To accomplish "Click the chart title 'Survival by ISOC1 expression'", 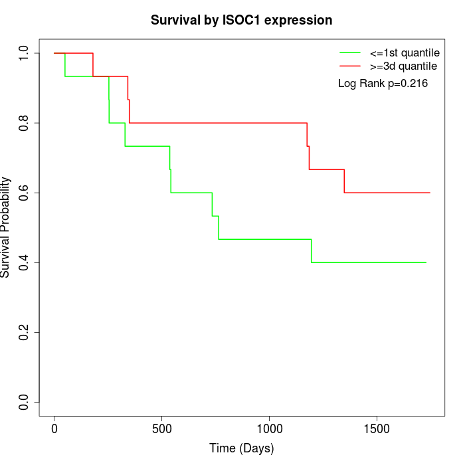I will click(x=241, y=20).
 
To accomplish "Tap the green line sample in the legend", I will click(x=350, y=52).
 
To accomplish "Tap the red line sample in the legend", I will click(x=350, y=66).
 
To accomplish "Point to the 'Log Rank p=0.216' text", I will click(x=383, y=84).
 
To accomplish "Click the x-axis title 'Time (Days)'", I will click(x=241, y=448).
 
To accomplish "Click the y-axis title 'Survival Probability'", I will click(x=6, y=227).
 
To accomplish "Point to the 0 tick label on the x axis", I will click(x=54, y=428).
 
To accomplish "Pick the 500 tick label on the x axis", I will click(x=162, y=428).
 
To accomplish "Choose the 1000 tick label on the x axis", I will click(x=270, y=428).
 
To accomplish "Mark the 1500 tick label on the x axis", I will click(x=377, y=428).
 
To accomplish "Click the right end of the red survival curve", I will click(x=430, y=193).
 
